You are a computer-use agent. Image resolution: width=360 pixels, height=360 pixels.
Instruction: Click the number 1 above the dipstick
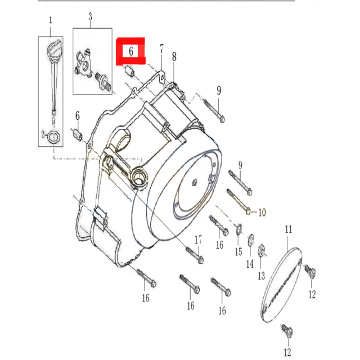50,21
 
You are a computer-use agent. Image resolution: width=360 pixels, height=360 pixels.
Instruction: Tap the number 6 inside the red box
130,51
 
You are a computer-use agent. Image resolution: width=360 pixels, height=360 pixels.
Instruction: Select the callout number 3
90,17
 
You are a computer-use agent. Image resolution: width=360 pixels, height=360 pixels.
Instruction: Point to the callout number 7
161,48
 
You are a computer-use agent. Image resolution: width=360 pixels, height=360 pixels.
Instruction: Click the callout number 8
174,56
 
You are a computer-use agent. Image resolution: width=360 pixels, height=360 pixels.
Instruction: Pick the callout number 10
261,213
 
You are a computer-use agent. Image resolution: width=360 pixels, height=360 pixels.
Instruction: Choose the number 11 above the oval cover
289,229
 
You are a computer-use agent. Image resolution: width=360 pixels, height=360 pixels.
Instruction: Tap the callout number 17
198,240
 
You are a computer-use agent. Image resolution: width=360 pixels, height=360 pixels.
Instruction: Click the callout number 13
261,276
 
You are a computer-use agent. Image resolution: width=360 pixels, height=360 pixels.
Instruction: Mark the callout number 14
250,263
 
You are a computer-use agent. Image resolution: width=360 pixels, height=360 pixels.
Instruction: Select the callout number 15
238,251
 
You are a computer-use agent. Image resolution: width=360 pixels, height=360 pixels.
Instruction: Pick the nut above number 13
261,250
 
